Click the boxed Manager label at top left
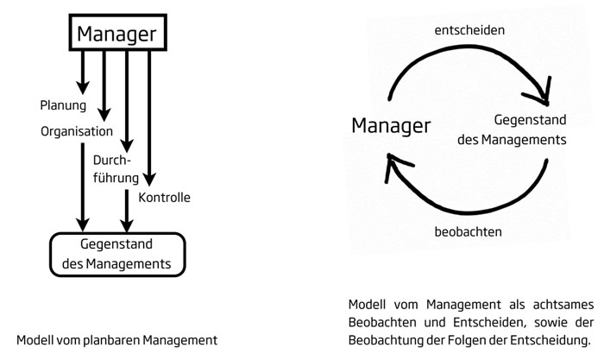point(118,33)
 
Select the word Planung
point(63,105)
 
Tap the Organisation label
point(77,131)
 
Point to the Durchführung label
point(116,169)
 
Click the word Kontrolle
point(165,198)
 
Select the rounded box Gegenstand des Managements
point(117,255)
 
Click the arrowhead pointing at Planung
point(83,87)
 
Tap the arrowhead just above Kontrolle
point(149,180)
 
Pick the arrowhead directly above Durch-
point(127,146)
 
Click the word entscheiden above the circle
point(469,30)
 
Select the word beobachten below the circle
point(468,231)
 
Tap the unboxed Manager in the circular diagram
point(391,126)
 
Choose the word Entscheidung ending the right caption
point(551,340)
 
